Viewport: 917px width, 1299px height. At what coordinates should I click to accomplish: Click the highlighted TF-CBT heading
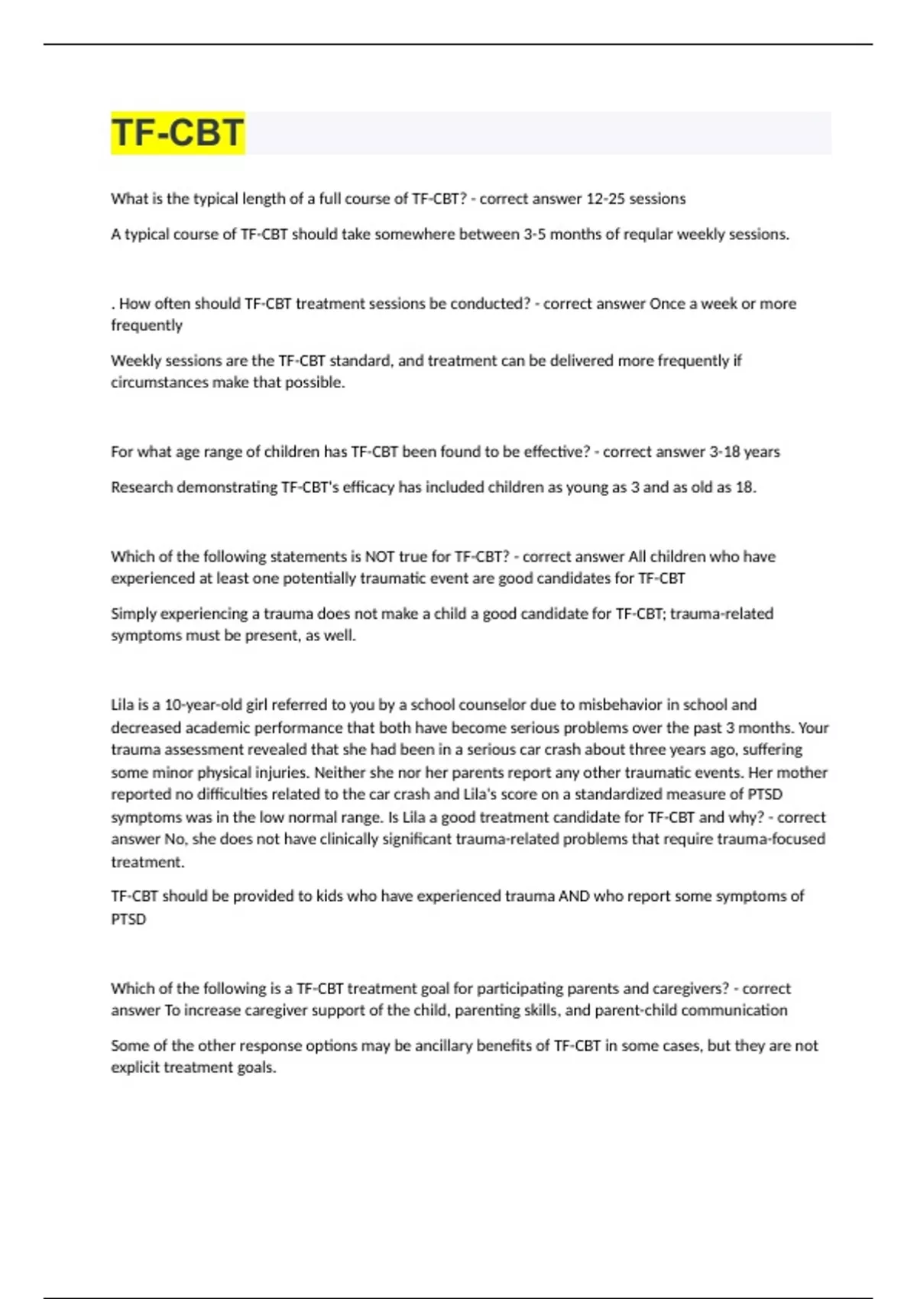click(x=177, y=132)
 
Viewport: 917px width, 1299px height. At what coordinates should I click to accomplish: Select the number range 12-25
click(x=604, y=199)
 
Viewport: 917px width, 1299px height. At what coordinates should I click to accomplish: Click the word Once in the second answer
click(x=667, y=303)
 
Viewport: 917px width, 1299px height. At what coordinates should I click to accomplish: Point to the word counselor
click(x=491, y=705)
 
